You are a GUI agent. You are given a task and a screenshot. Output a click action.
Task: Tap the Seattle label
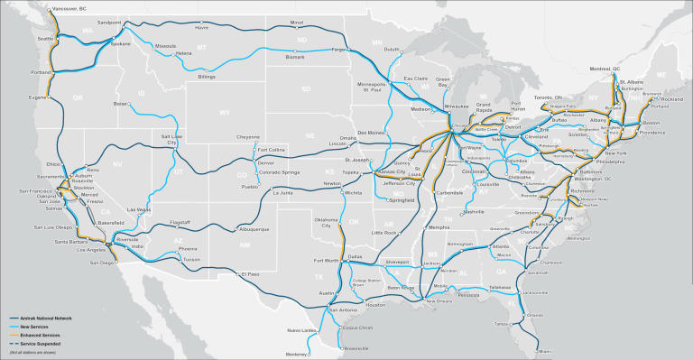tap(42, 39)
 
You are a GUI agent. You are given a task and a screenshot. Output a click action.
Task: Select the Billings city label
tap(208, 78)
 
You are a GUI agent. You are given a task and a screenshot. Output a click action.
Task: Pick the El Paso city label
tap(250, 273)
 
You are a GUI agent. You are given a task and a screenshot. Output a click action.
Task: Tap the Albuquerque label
tap(253, 228)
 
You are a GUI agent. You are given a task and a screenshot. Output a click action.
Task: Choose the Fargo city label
tap(340, 49)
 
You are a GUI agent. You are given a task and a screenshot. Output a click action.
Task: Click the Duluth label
tap(391, 50)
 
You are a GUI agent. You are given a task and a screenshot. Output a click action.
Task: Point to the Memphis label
tap(439, 227)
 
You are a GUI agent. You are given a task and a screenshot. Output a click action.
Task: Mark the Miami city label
tap(544, 352)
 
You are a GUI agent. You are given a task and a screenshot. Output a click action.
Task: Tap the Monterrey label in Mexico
tap(296, 354)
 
